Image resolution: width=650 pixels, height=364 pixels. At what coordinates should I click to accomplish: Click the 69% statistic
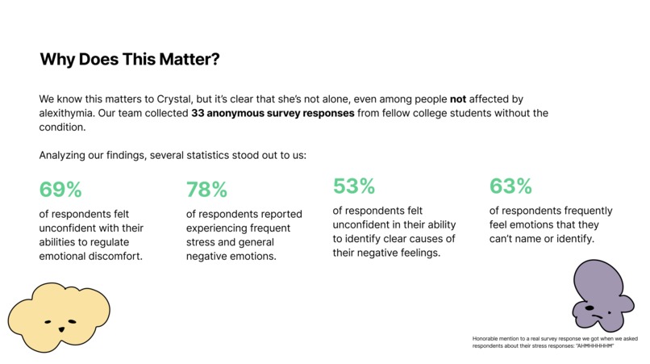click(x=60, y=190)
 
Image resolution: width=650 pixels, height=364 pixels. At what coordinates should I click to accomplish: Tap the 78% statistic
click(x=206, y=190)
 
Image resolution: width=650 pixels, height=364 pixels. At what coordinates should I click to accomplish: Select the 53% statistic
click(x=354, y=186)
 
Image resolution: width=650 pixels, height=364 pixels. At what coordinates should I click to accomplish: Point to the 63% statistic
click(x=510, y=186)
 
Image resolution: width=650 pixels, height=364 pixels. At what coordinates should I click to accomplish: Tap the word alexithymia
click(x=70, y=113)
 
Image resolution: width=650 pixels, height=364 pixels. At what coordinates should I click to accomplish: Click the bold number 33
click(x=198, y=113)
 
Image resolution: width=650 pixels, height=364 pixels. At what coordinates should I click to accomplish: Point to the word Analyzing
click(x=65, y=154)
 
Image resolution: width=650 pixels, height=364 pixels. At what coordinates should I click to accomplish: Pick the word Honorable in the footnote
click(x=486, y=337)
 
